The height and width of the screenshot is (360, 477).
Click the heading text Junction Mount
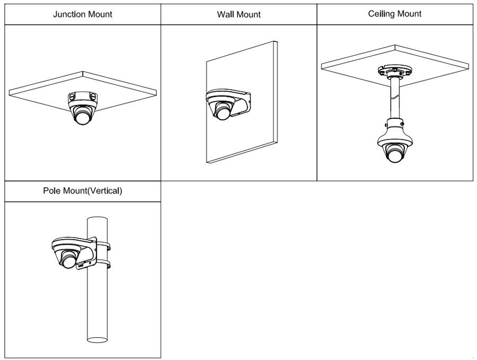tap(82, 14)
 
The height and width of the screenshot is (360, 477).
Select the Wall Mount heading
tap(238, 14)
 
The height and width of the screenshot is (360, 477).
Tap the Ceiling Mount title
tap(395, 14)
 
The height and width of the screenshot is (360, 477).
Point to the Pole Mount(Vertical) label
tap(82, 191)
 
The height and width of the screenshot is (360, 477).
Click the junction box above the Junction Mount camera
tap(82, 99)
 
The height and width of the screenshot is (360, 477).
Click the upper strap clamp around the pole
tap(103, 247)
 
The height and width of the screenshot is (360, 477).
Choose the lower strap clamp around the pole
tap(103, 264)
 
